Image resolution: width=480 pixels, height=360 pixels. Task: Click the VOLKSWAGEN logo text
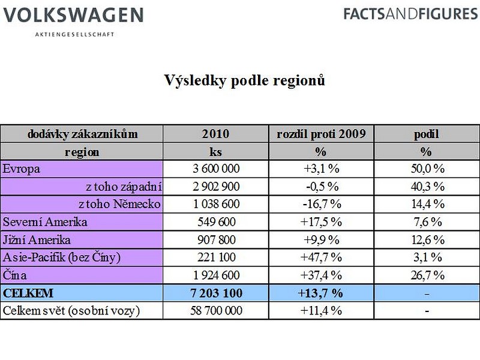tap(73, 15)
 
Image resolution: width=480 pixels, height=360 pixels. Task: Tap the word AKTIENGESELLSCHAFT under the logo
tap(74, 34)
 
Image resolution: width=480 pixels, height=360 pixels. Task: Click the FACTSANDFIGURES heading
tap(410, 14)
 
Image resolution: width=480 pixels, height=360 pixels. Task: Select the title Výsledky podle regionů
tap(244, 80)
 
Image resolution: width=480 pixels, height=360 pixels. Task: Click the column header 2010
tap(215, 134)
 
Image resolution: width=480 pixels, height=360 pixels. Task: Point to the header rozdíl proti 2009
tap(321, 134)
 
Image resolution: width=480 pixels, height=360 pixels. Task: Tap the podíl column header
tap(427, 134)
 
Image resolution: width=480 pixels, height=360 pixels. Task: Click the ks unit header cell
tap(215, 152)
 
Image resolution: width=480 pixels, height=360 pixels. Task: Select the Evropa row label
tap(21, 169)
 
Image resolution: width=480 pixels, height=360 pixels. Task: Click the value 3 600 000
tap(216, 169)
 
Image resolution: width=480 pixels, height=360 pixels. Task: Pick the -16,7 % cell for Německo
tap(322, 204)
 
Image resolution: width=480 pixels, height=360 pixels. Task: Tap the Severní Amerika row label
tap(45, 222)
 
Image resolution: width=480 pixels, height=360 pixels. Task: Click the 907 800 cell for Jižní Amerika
tap(217, 239)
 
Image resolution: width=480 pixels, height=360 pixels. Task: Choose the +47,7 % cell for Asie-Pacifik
tap(321, 257)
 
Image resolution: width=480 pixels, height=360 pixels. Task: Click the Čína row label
tap(14, 275)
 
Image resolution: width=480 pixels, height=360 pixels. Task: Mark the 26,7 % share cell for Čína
tap(427, 275)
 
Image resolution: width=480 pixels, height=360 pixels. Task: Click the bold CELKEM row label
tap(28, 293)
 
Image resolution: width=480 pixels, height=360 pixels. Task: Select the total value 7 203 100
tap(216, 293)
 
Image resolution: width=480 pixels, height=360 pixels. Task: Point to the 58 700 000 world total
tap(216, 310)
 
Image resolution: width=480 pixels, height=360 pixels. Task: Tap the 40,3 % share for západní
tap(427, 187)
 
